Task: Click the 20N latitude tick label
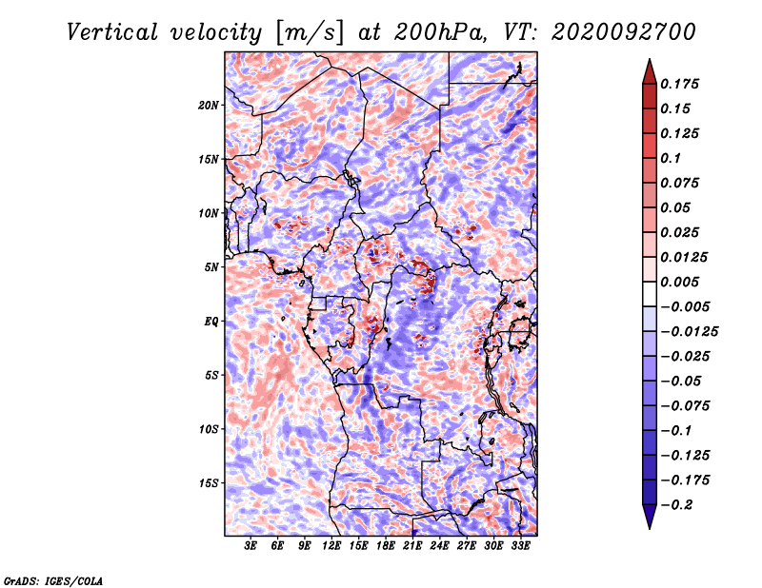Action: click(x=209, y=106)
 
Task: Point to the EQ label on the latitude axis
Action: click(x=211, y=322)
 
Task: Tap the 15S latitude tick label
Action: click(x=209, y=483)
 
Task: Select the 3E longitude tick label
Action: click(x=251, y=546)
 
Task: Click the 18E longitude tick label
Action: click(x=386, y=546)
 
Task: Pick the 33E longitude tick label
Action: click(x=520, y=546)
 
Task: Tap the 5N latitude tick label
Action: click(x=211, y=267)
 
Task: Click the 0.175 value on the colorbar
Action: click(x=680, y=84)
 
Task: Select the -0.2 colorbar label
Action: click(x=676, y=505)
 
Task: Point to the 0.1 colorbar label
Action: click(x=671, y=158)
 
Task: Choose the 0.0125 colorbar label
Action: click(x=684, y=257)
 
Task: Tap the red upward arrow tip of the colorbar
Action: click(x=650, y=60)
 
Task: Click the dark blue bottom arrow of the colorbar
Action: click(x=650, y=517)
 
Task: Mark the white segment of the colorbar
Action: click(x=650, y=294)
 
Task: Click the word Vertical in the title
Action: click(x=112, y=32)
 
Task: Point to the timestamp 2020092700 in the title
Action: click(x=624, y=32)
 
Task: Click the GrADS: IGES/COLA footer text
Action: click(x=53, y=580)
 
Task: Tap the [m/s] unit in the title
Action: click(x=310, y=32)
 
